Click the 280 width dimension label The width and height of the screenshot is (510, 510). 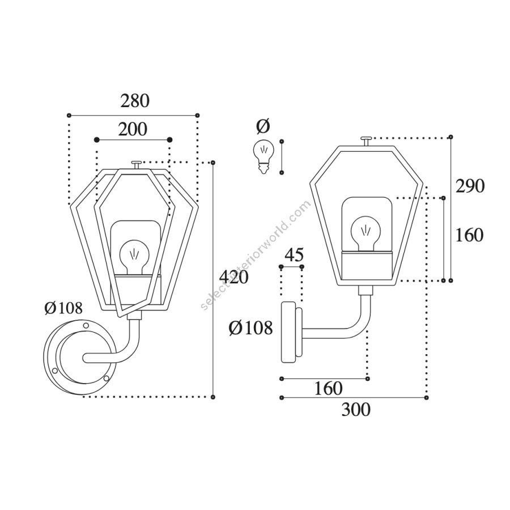pyautogui.click(x=135, y=101)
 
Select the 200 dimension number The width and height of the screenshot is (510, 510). pyautogui.click(x=133, y=129)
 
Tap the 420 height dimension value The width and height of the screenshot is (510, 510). pyautogui.click(x=234, y=277)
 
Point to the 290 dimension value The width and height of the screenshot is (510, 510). pyautogui.click(x=470, y=186)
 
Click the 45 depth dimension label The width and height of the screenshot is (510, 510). pyautogui.click(x=294, y=254)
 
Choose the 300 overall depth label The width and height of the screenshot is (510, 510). pyautogui.click(x=356, y=410)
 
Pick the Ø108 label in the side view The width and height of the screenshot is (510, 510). pyautogui.click(x=250, y=328)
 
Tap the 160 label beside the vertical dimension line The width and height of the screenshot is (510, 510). pyautogui.click(x=469, y=235)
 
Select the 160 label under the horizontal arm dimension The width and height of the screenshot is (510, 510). pyautogui.click(x=328, y=388)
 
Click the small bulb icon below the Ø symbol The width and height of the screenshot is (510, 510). pyautogui.click(x=263, y=156)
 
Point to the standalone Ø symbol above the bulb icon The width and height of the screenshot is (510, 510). pyautogui.click(x=263, y=126)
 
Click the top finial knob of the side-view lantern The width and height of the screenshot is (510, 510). pyautogui.click(x=367, y=142)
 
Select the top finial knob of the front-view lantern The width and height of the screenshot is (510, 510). pyautogui.click(x=136, y=165)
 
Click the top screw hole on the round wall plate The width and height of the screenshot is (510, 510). pyautogui.click(x=86, y=325)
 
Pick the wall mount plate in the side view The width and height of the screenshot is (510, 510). pyautogui.click(x=292, y=331)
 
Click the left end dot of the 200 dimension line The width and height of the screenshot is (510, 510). pyautogui.click(x=96, y=140)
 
